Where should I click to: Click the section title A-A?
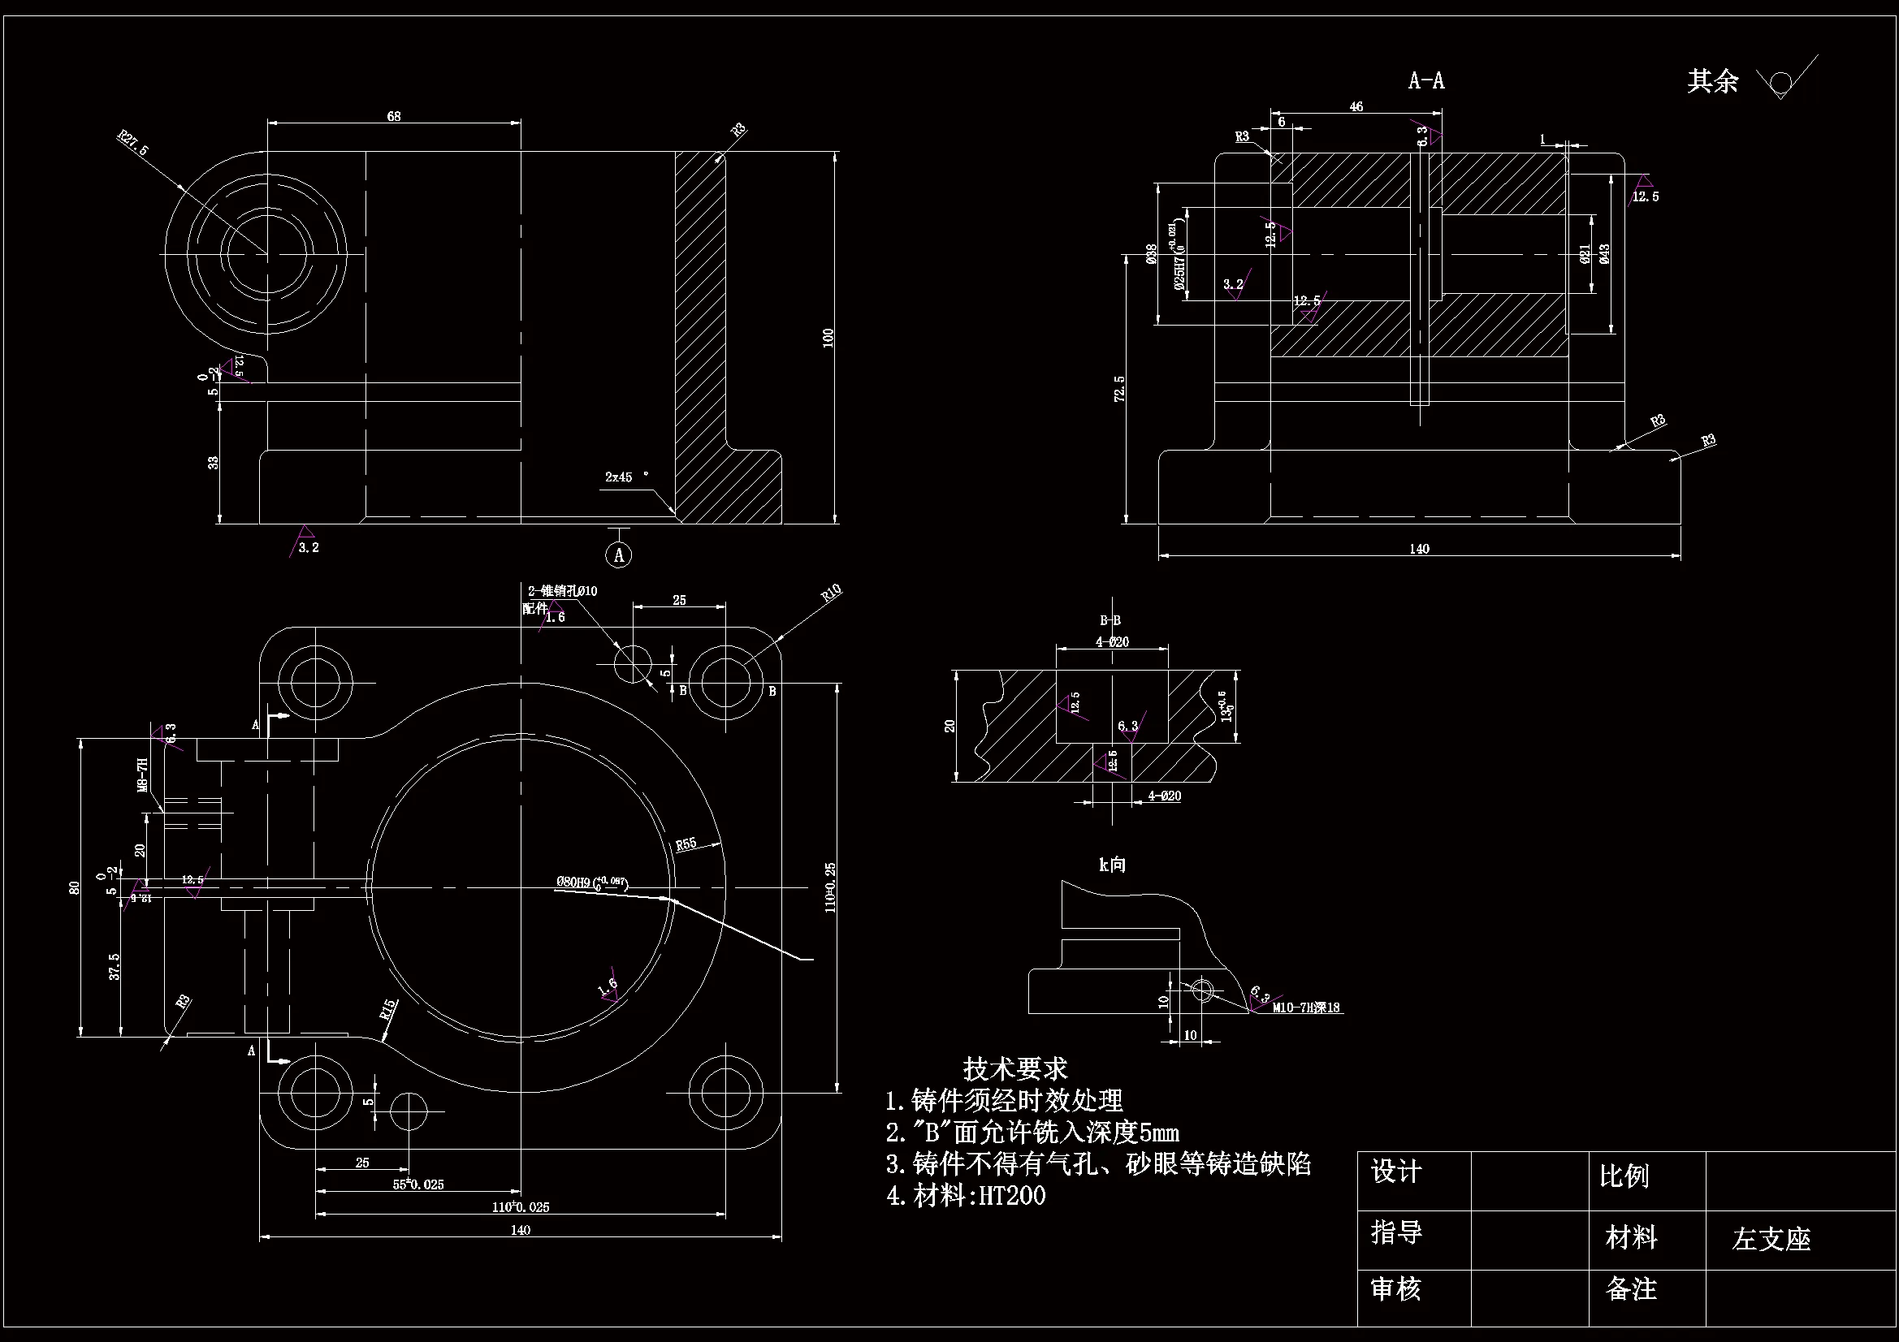pos(1426,81)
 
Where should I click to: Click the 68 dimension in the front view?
pos(394,117)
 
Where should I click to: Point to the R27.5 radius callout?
pos(133,144)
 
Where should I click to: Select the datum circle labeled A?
pos(620,554)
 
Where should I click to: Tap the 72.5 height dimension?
pos(1120,390)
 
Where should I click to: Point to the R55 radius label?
pos(686,844)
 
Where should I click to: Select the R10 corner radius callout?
pos(831,593)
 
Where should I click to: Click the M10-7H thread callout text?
pos(1306,1008)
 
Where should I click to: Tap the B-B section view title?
pos(1110,620)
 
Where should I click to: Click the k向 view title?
pos(1112,865)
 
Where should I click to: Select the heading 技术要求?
pos(1014,1069)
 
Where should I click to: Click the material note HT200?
pos(1011,1196)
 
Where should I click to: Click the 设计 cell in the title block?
pos(1396,1172)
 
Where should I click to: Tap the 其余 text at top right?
pos(1712,81)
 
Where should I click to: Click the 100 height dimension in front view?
pos(828,338)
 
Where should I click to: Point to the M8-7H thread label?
pos(142,775)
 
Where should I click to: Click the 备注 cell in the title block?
pos(1630,1289)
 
